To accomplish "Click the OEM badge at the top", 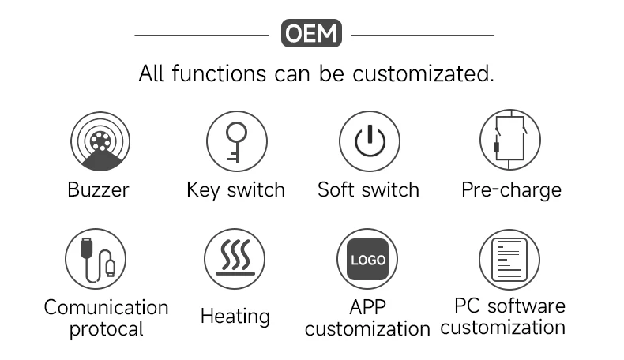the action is pyautogui.click(x=311, y=34).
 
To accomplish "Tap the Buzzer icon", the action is pyautogui.click(x=98, y=141).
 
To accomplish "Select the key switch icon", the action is pyautogui.click(x=235, y=141).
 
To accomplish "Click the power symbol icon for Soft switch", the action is pyautogui.click(x=369, y=141).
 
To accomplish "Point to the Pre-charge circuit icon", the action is pyautogui.click(x=510, y=141).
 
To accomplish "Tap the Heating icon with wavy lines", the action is pyautogui.click(x=235, y=259).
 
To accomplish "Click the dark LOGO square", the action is pyautogui.click(x=368, y=259).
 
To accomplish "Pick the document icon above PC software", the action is pyautogui.click(x=509, y=259).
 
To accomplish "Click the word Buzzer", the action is pyautogui.click(x=98, y=190).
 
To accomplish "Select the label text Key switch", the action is pyautogui.click(x=235, y=190).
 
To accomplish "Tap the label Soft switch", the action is pyautogui.click(x=368, y=190).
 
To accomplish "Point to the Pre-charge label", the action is pyautogui.click(x=511, y=190).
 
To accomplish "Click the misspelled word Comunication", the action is pyautogui.click(x=106, y=307).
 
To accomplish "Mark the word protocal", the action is pyautogui.click(x=106, y=328).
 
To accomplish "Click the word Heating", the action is pyautogui.click(x=235, y=317).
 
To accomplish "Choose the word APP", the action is pyautogui.click(x=367, y=306).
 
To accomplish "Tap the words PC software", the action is pyautogui.click(x=509, y=306).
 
